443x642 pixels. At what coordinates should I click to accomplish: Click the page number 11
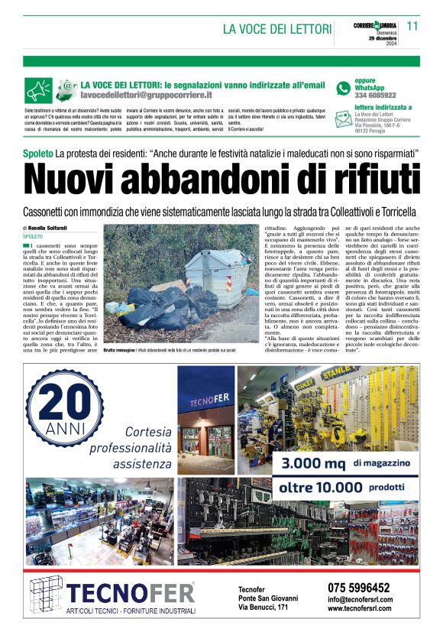(x=412, y=25)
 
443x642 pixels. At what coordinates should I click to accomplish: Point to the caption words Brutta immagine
(x=120, y=349)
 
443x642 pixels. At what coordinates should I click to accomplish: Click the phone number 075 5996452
(x=357, y=588)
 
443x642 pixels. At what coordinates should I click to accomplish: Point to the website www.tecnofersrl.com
(x=360, y=609)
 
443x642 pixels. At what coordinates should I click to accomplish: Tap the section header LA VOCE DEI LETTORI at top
(x=274, y=29)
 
